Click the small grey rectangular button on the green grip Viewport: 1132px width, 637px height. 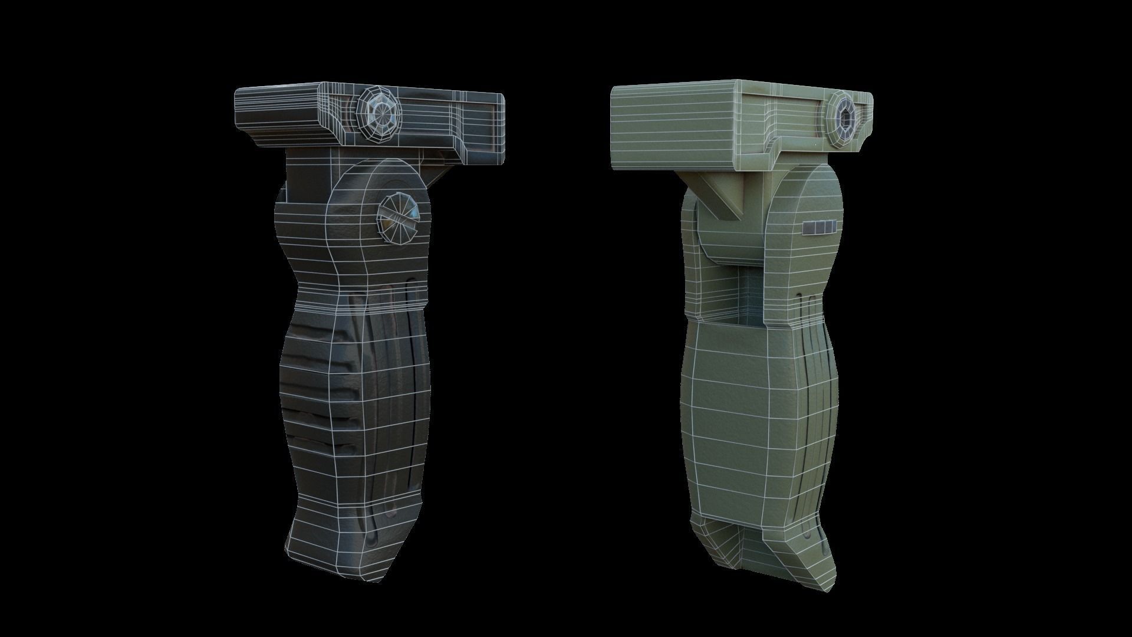click(x=820, y=226)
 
